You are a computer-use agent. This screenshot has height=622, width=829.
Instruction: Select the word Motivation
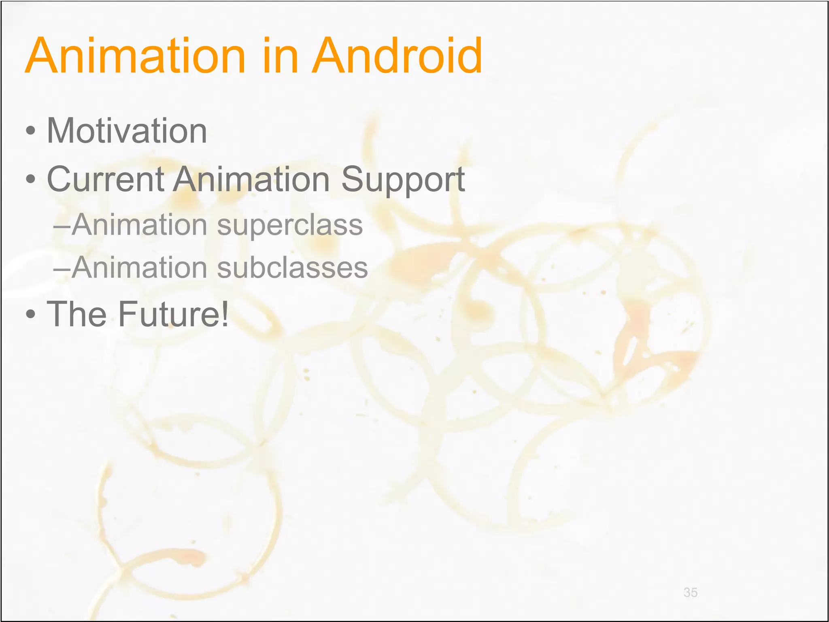pyautogui.click(x=127, y=131)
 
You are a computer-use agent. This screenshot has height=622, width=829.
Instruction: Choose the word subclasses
pyautogui.click(x=292, y=268)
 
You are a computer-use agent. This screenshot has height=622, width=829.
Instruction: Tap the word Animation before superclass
pyautogui.click(x=140, y=225)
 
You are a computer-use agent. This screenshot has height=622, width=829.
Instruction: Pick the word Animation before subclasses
pyautogui.click(x=140, y=268)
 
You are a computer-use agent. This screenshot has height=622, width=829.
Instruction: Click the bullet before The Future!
pyautogui.click(x=30, y=314)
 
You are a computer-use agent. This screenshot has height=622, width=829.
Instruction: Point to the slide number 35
pyautogui.click(x=690, y=592)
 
